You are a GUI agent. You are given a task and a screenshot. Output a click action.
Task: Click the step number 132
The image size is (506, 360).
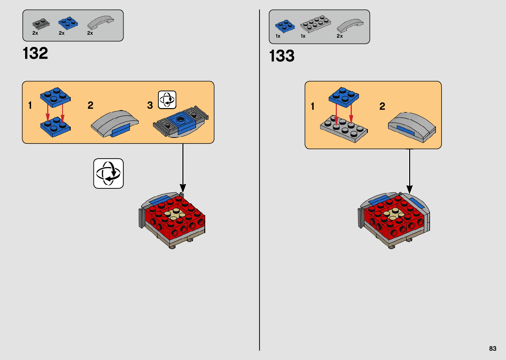(35, 53)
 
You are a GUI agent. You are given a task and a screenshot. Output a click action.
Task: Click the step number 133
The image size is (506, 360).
(282, 56)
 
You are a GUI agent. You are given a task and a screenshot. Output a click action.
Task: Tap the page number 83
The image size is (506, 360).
(492, 348)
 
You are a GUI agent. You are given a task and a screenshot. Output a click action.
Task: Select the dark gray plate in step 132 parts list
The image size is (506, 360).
(41, 24)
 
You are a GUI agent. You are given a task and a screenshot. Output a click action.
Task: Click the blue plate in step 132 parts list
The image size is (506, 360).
(68, 23)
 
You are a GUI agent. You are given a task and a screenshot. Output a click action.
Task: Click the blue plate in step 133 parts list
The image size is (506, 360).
(285, 26)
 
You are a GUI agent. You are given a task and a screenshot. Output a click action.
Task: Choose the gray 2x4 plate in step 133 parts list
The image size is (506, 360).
(316, 24)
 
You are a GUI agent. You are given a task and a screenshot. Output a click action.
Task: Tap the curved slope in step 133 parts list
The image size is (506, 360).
(350, 25)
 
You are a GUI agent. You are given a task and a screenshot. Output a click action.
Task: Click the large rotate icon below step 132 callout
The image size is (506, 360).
(108, 174)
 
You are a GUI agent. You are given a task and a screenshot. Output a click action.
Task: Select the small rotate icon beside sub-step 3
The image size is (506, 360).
(167, 100)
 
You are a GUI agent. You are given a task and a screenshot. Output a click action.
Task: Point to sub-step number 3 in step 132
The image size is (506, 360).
(150, 105)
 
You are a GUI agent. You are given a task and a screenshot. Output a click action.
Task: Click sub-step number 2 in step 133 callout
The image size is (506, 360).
(382, 106)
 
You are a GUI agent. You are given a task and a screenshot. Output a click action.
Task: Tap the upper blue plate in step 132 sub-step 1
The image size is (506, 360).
(55, 97)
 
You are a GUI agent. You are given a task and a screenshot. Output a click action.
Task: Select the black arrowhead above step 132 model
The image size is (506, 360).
(183, 188)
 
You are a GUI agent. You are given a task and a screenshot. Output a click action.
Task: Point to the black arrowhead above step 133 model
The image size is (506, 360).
(409, 189)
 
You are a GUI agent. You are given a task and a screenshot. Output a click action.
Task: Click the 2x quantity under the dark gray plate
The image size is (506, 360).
(35, 33)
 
